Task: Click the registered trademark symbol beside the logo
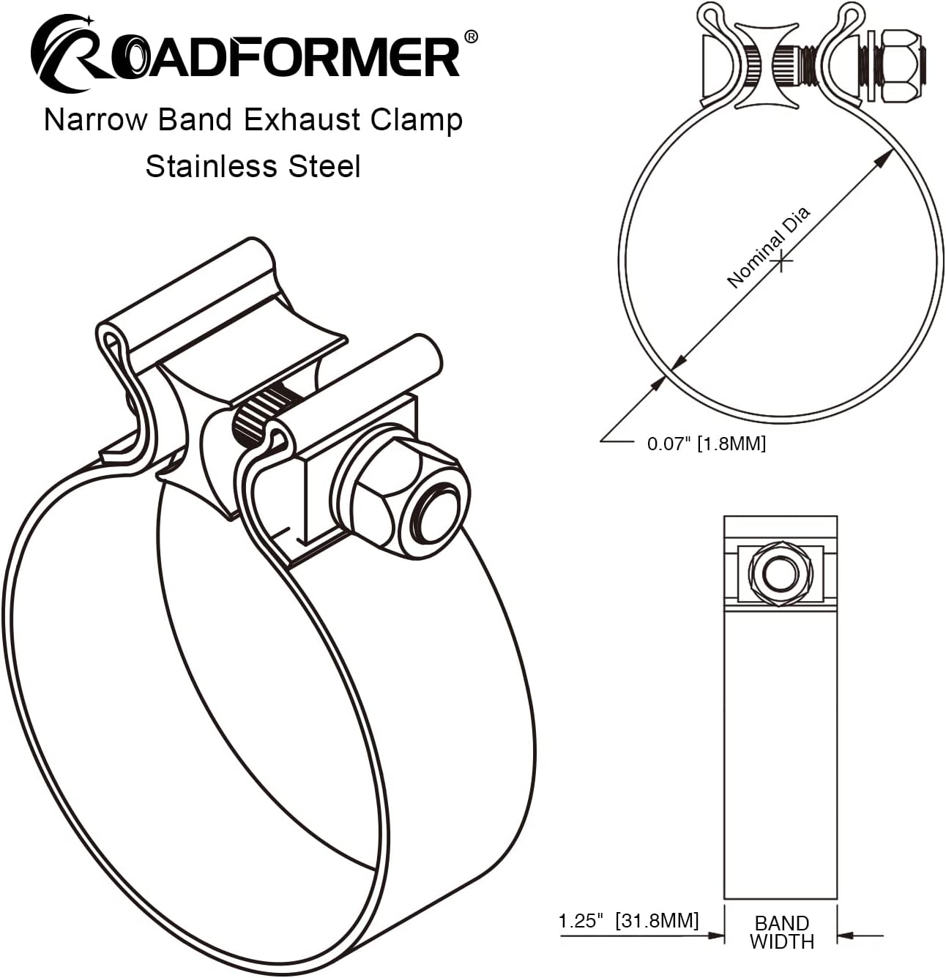[471, 36]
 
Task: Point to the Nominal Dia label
[768, 247]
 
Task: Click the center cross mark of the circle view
[782, 260]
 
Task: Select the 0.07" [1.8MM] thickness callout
[706, 444]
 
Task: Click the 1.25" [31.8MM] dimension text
[629, 920]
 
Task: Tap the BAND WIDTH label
[781, 932]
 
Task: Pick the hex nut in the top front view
[901, 66]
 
